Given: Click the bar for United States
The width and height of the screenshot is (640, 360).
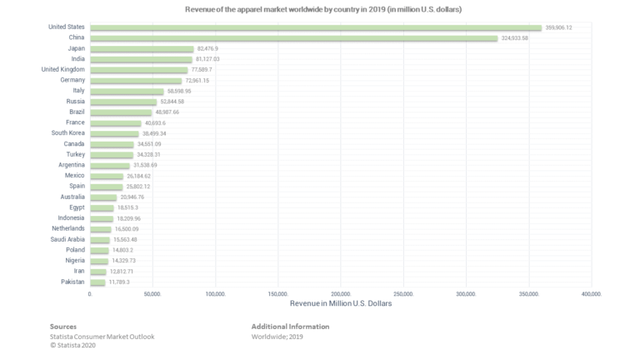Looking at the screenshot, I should point(316,27).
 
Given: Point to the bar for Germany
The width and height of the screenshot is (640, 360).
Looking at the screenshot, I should point(135,81).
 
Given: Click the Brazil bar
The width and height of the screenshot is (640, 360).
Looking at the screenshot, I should point(121,112).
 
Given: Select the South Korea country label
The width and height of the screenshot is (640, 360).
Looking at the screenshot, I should point(67,132).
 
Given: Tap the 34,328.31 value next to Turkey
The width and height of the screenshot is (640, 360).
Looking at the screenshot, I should point(154,154).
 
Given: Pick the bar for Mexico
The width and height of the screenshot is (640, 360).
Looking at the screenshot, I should point(106,176).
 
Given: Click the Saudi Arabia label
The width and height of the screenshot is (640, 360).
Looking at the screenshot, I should point(67,239).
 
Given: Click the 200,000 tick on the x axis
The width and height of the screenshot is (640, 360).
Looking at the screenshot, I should point(341,294).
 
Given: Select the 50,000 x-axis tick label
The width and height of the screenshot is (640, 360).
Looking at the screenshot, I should point(152,294).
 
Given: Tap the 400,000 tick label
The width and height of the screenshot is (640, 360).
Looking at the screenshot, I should point(592,294).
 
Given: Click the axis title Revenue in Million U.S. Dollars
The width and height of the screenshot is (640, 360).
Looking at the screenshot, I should point(340,303).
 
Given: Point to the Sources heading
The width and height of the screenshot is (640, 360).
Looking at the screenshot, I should point(63,327).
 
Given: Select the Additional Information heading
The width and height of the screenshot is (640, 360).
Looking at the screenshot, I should point(290,327).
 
